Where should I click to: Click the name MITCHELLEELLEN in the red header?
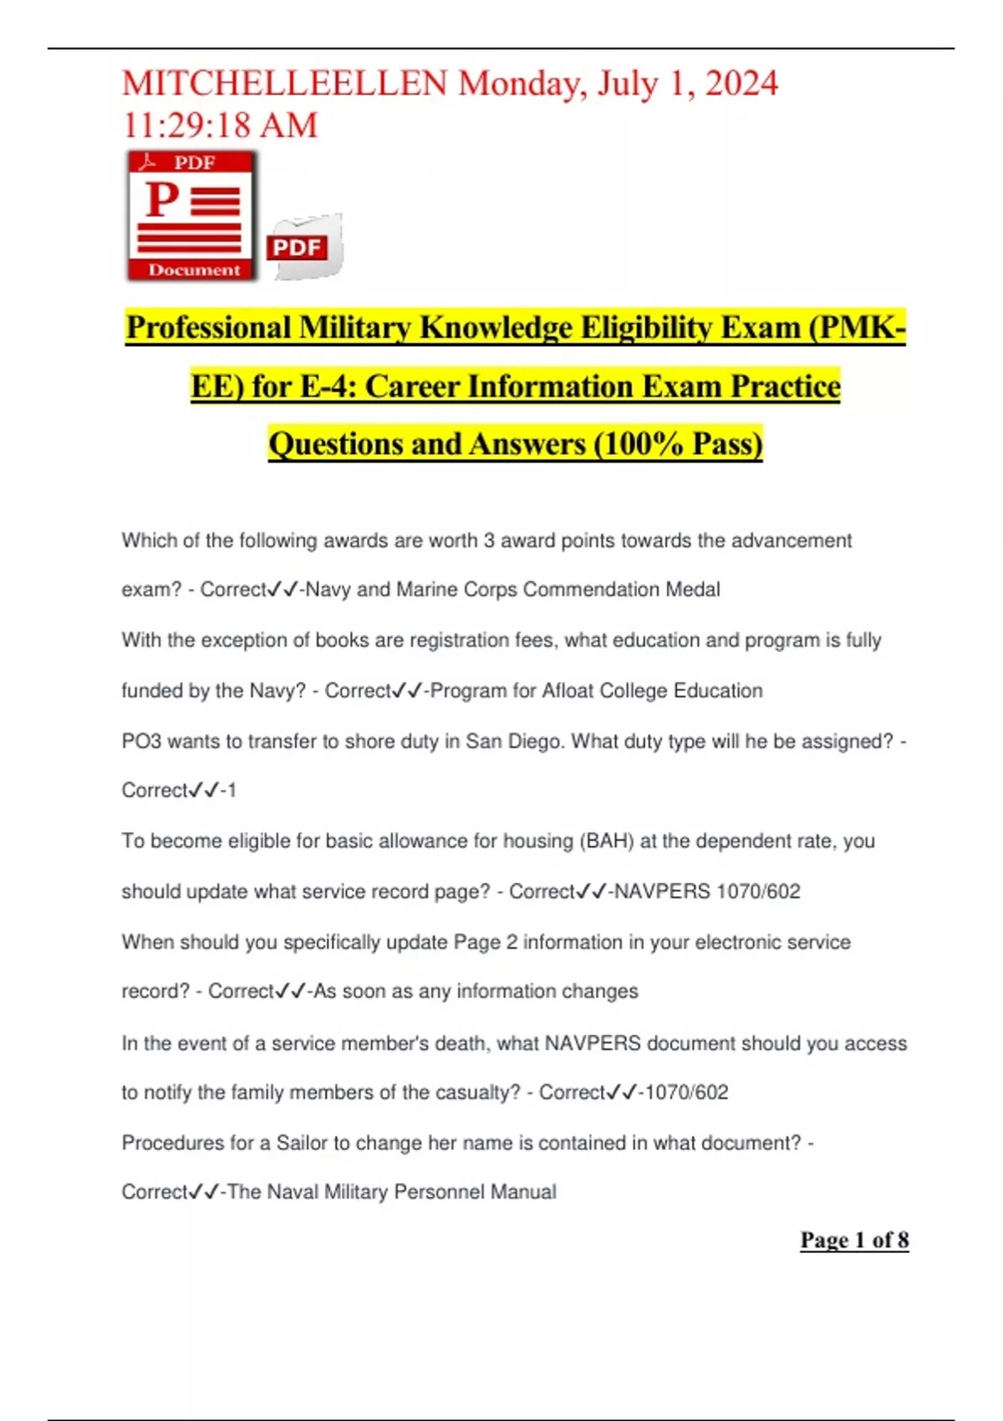[x=284, y=84]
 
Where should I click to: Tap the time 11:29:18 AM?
[x=220, y=125]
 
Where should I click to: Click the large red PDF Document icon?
[x=191, y=215]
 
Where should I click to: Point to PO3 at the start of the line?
[x=141, y=741]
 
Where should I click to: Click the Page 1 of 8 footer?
[x=854, y=1240]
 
